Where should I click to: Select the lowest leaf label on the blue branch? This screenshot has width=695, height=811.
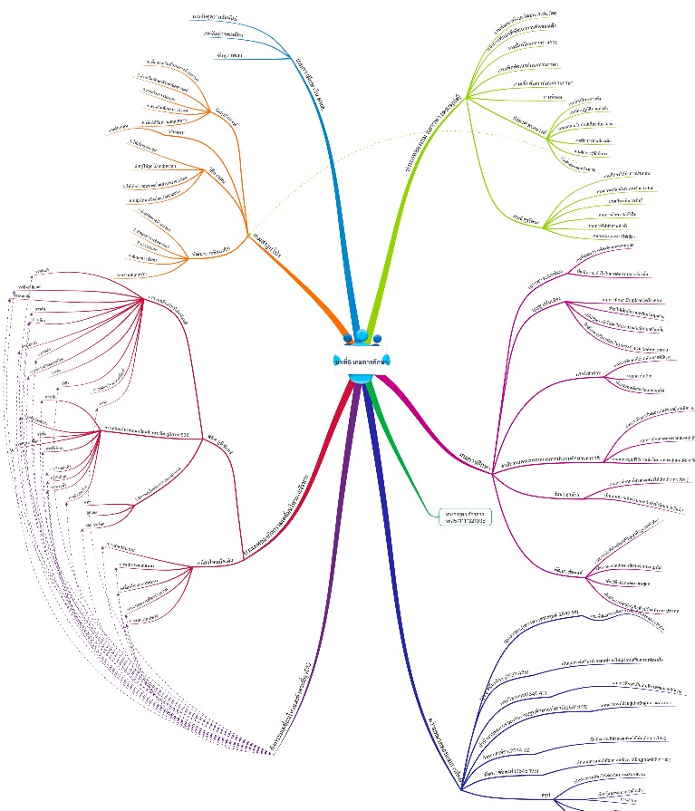[228, 57]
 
